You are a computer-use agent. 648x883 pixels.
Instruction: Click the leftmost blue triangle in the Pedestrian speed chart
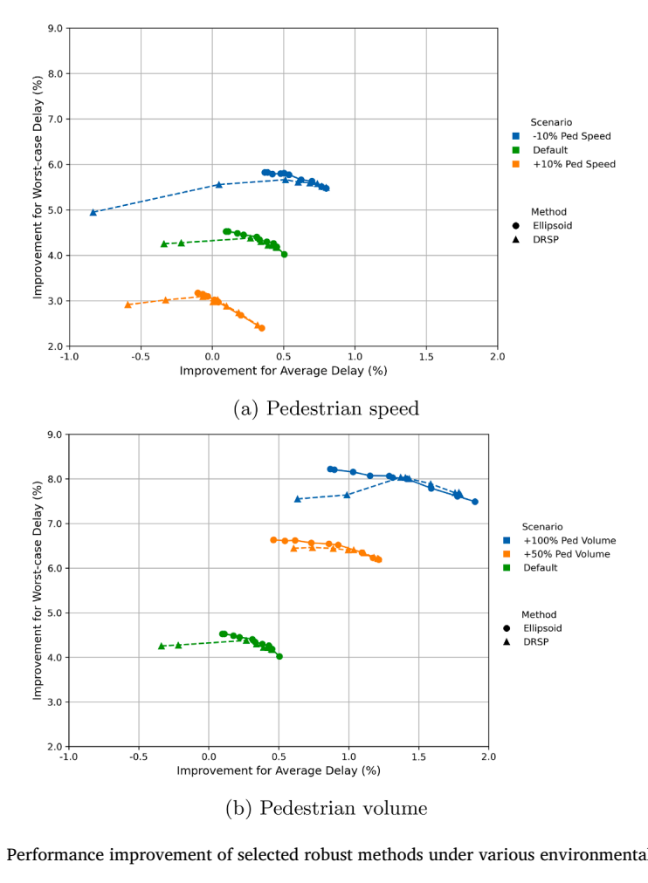93,212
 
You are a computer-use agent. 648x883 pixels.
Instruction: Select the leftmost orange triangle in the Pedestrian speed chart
128,305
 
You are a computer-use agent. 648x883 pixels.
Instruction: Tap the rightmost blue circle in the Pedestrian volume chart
475,502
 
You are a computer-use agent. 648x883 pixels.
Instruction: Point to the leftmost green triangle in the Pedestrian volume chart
162,646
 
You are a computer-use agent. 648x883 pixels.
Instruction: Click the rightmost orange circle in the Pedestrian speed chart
261,328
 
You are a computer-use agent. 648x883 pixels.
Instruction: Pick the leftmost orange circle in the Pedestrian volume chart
274,540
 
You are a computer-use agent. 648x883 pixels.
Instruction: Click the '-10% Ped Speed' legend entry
562,136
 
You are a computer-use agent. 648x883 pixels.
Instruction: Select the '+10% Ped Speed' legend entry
564,164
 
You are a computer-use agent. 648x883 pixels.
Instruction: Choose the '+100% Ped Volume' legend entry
560,541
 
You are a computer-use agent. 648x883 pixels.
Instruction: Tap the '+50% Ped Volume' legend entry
556,554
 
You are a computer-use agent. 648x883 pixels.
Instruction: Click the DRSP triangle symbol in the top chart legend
515,239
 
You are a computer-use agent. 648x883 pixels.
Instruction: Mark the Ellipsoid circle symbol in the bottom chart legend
507,628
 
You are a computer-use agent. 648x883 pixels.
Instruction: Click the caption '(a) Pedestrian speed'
327,408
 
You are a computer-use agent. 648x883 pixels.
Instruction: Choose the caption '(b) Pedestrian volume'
327,808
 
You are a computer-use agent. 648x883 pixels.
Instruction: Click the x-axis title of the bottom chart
279,770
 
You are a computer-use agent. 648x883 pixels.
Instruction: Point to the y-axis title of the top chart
38,187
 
